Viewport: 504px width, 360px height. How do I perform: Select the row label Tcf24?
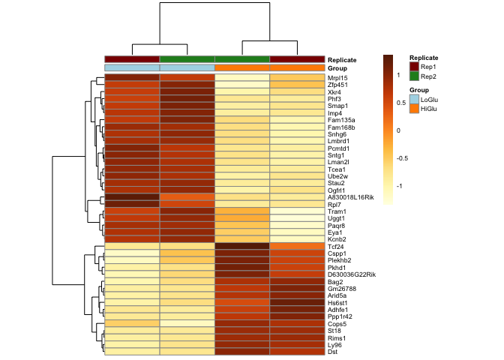(x=334, y=246)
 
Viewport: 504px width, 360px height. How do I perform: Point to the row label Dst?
(x=331, y=351)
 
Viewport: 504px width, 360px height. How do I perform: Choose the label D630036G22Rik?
(x=350, y=274)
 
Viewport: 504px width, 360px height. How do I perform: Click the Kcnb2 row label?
(x=336, y=239)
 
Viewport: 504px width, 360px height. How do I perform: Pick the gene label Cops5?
(x=336, y=323)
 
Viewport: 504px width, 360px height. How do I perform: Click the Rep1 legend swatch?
(x=413, y=67)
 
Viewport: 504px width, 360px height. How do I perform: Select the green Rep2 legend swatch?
(x=413, y=76)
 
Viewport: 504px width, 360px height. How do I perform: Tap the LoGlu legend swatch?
(x=413, y=99)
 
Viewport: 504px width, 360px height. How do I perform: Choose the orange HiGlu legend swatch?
(x=413, y=109)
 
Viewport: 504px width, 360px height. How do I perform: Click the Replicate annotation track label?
(x=342, y=59)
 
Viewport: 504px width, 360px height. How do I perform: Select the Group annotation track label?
(x=337, y=68)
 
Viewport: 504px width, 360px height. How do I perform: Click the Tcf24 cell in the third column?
(x=242, y=246)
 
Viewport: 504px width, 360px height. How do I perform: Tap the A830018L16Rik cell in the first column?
(x=132, y=197)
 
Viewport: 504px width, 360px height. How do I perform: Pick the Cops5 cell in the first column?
(x=132, y=323)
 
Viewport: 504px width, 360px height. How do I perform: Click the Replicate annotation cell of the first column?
(x=132, y=59)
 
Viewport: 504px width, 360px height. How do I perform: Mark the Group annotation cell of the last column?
(x=297, y=68)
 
